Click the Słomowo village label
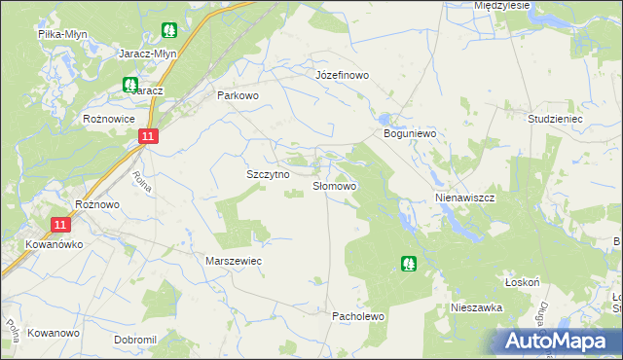coord(334,185)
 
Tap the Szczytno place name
coord(268,173)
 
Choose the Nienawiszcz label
coord(464,197)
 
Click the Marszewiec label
coord(234,262)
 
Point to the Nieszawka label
coord(475,306)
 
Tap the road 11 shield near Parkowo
coord(146,138)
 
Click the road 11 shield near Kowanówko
coord(61,224)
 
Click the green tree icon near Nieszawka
coord(409,263)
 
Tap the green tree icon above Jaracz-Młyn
coord(170,30)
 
